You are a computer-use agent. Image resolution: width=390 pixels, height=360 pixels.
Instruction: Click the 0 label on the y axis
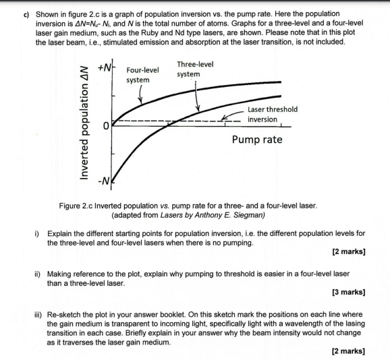click(x=106, y=126)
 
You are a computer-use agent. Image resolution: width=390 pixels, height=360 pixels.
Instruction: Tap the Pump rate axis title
click(x=256, y=140)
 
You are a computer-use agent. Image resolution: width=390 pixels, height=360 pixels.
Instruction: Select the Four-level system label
click(x=142, y=75)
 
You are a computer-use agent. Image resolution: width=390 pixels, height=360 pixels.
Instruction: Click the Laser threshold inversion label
click(x=271, y=114)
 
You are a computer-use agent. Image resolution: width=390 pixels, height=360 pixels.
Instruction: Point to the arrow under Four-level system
click(x=140, y=96)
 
